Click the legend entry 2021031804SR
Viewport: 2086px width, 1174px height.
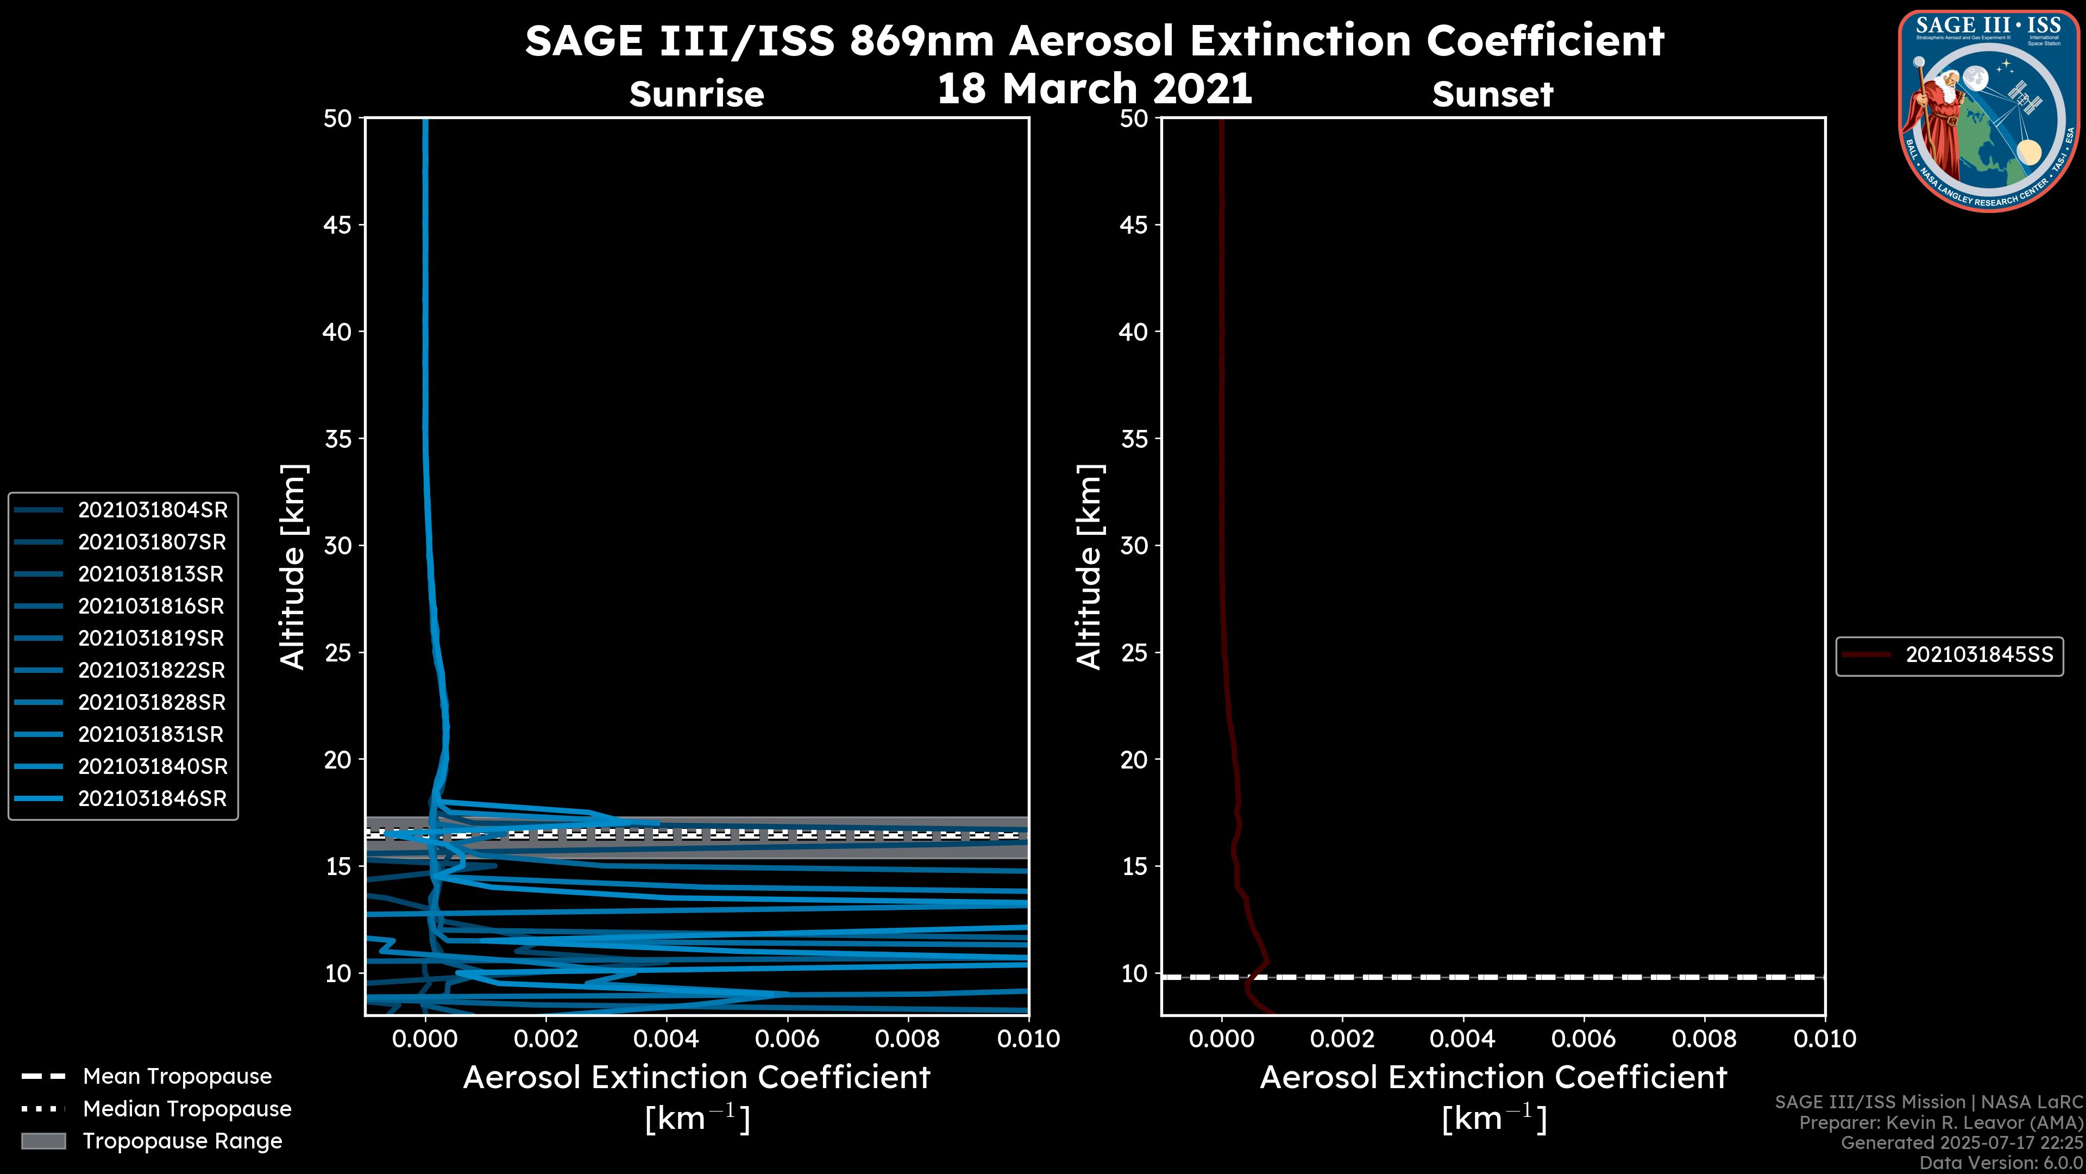pos(152,510)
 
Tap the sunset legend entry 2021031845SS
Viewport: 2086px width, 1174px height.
pos(1978,654)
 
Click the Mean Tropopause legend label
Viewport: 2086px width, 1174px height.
pos(177,1076)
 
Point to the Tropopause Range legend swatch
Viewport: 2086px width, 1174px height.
pos(43,1141)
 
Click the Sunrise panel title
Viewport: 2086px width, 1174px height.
pos(696,94)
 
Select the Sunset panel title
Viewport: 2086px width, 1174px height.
pos(1492,94)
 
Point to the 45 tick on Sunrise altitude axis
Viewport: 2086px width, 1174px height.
pos(338,224)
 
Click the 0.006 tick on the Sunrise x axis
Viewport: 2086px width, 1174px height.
pos(787,1039)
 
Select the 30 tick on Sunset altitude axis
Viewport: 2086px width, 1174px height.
pos(1134,545)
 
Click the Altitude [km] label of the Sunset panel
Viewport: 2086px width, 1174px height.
pos(1089,567)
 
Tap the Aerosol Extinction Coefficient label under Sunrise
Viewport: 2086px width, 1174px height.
pos(696,1078)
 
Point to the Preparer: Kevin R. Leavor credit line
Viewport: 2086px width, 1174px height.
pos(1940,1122)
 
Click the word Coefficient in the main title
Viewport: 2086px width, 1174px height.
pos(1545,41)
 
